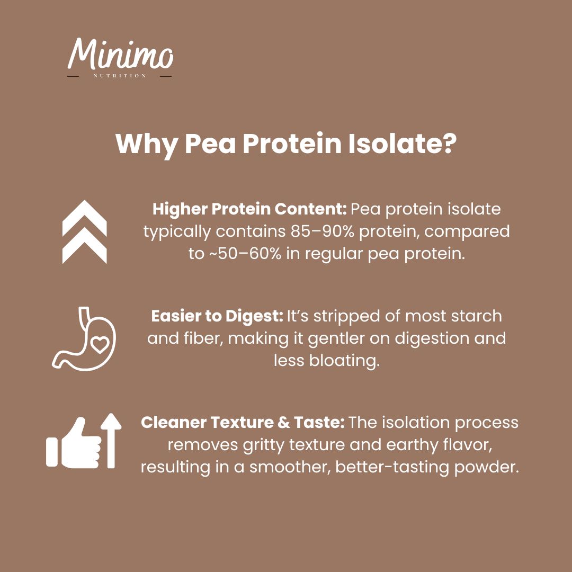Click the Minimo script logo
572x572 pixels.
point(120,54)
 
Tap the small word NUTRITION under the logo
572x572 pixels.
point(120,76)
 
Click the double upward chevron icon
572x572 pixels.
point(85,231)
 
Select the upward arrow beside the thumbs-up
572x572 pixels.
point(111,440)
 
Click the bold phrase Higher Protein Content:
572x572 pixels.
point(249,209)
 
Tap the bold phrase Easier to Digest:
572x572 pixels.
point(217,316)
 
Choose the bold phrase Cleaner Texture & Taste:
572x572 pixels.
point(243,423)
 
